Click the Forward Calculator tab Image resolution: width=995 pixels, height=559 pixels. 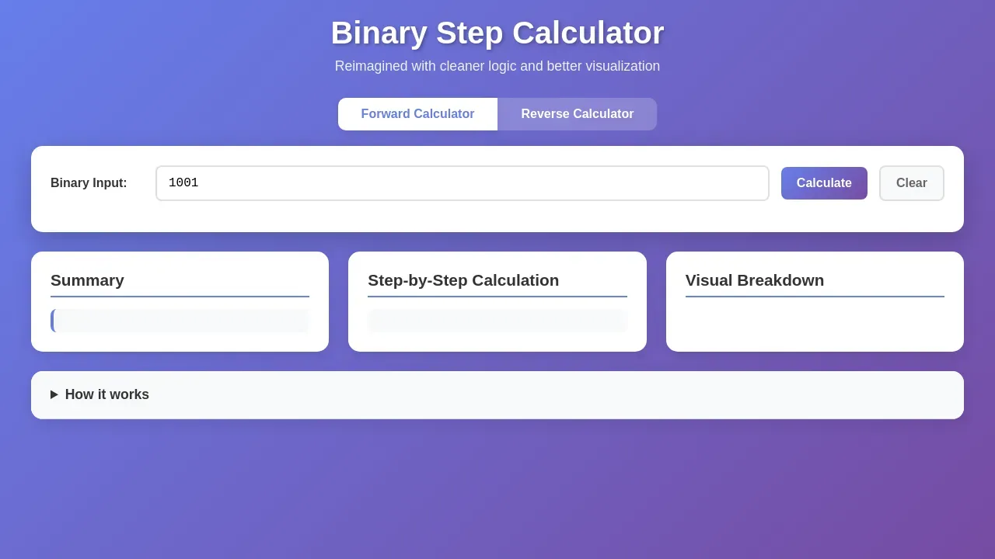click(x=417, y=114)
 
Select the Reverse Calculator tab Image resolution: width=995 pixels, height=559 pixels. click(x=577, y=114)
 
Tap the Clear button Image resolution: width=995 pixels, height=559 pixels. click(x=911, y=183)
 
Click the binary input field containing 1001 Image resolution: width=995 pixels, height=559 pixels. click(x=462, y=183)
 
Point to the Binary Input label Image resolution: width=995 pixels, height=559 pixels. click(x=89, y=183)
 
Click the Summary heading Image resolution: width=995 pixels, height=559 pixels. click(x=87, y=280)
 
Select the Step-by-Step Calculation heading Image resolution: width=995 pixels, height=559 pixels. click(x=463, y=280)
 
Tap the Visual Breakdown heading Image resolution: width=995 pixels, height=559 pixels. click(x=754, y=280)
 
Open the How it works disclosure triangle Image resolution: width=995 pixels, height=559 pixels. click(x=54, y=394)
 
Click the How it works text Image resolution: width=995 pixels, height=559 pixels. click(x=107, y=394)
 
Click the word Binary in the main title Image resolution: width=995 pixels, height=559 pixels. click(x=379, y=33)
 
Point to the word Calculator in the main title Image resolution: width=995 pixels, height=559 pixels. click(x=588, y=33)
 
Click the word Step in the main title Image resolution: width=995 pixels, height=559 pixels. click(x=470, y=33)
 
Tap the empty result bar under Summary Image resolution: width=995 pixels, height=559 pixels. click(x=180, y=321)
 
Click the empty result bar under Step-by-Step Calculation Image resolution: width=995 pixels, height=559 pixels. click(x=497, y=321)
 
